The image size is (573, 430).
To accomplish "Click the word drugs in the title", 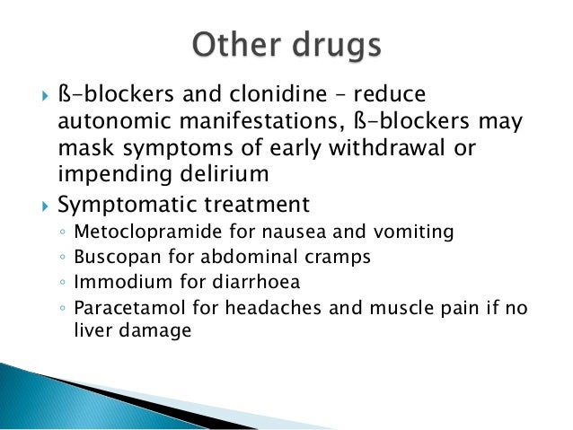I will tap(337, 46).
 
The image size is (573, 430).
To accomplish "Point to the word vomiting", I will tap(416, 233).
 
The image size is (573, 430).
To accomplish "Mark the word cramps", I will tap(320, 257).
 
